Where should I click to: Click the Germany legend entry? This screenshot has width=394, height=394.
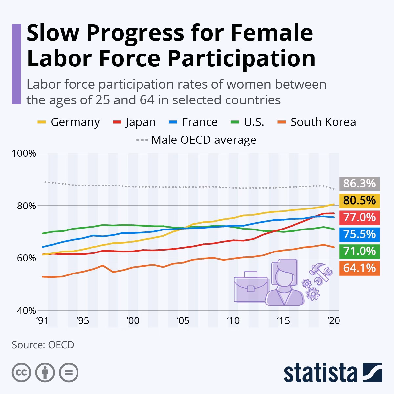click(x=69, y=122)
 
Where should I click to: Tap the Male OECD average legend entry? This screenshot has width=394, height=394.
click(x=196, y=140)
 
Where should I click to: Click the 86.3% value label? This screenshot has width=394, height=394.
click(x=359, y=183)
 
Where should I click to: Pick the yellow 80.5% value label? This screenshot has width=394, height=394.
click(x=359, y=200)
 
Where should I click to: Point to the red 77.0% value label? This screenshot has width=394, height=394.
click(x=359, y=217)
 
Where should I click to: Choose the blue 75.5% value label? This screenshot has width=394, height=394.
click(x=359, y=234)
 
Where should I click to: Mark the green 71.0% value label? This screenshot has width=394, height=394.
click(x=359, y=251)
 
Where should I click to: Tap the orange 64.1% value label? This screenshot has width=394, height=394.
click(x=359, y=268)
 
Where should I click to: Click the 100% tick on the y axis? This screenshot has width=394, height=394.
click(x=24, y=153)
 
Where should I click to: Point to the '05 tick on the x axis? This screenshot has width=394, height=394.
click(x=183, y=321)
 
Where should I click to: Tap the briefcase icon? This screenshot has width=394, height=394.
click(x=251, y=286)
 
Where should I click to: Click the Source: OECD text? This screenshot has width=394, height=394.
click(x=43, y=345)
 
